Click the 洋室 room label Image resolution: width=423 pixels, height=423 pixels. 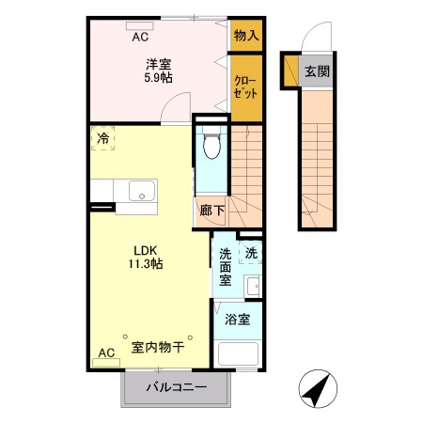pos(158,64)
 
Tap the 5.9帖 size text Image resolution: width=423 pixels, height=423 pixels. pos(158,79)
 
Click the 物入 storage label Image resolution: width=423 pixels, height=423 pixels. pos(247,35)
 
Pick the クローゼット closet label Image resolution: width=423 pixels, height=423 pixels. pos(247,89)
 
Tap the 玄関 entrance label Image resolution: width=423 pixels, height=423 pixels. pos(317,71)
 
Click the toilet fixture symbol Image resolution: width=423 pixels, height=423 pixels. pos(211,145)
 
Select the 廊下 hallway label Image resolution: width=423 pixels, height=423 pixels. pos(211,211)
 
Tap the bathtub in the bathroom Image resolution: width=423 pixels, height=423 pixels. pos(237,356)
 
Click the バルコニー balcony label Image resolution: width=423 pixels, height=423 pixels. pos(176,388)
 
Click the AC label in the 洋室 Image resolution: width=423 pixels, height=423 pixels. pos(140,38)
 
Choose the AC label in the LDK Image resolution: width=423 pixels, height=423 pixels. pos(106,352)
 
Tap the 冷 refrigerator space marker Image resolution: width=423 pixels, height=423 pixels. pos(102,139)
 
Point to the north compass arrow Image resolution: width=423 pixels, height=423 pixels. pos(319,387)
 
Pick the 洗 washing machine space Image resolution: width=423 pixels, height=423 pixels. pos(251,252)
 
